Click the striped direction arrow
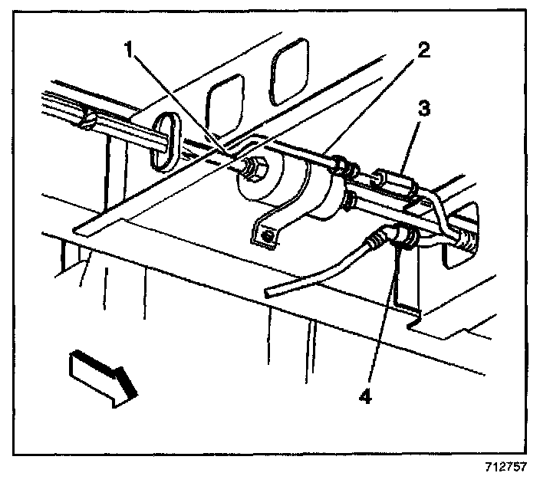coord(103,376)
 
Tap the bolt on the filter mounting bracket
coord(267,235)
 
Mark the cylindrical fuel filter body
coord(299,188)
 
